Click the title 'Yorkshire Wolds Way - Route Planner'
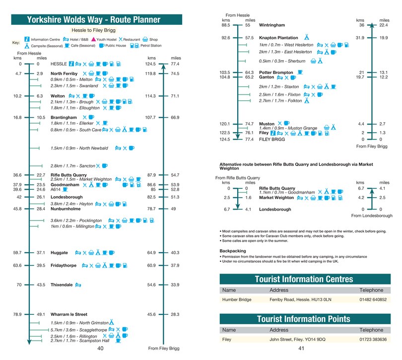tap(94, 20)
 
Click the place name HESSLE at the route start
tap(59, 64)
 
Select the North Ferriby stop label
tap(64, 73)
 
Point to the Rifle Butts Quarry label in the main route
tap(68, 175)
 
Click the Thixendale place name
tap(62, 285)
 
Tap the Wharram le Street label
tap(68, 314)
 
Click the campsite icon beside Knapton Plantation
tap(307, 37)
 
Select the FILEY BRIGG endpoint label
tap(272, 140)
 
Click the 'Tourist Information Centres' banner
tap(304, 279)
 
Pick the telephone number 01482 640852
tap(373, 300)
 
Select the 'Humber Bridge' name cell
tap(237, 300)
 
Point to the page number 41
tap(301, 348)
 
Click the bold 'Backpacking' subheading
tap(233, 251)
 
